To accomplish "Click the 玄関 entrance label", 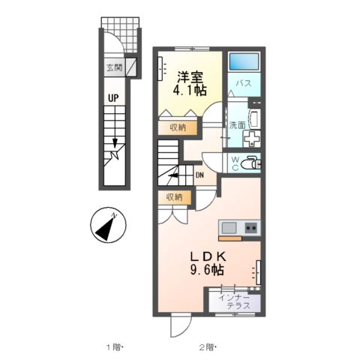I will (114, 68).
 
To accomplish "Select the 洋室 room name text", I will (189, 76).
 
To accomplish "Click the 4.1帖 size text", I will (189, 91).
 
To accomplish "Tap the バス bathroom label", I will (244, 83).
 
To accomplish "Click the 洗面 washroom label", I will (237, 125).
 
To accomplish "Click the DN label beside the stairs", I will (200, 176).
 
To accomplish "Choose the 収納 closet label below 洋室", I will (178, 127).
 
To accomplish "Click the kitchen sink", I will (228, 227).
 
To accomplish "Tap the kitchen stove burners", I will (251, 227).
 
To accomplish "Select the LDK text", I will (209, 256).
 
